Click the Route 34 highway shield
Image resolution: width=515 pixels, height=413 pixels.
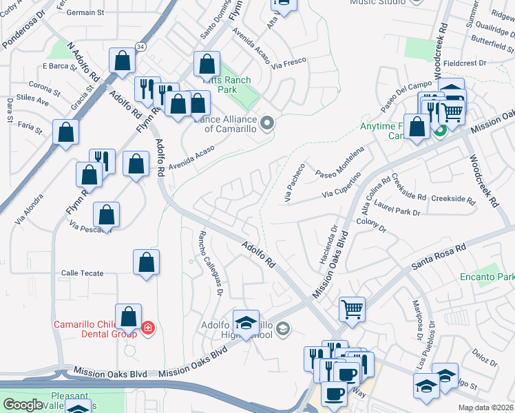(140, 46)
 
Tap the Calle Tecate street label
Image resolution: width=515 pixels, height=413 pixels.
(83, 273)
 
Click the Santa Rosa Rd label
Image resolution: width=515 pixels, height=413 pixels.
(438, 255)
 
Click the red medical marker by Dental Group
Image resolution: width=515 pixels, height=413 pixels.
(147, 328)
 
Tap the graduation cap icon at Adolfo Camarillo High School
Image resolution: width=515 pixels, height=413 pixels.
(246, 321)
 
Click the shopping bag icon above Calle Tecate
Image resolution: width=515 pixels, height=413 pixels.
(146, 262)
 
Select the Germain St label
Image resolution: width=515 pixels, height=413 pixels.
(86, 12)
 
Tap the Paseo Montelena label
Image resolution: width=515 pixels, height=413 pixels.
(339, 161)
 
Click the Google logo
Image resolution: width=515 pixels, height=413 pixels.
(23, 405)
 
